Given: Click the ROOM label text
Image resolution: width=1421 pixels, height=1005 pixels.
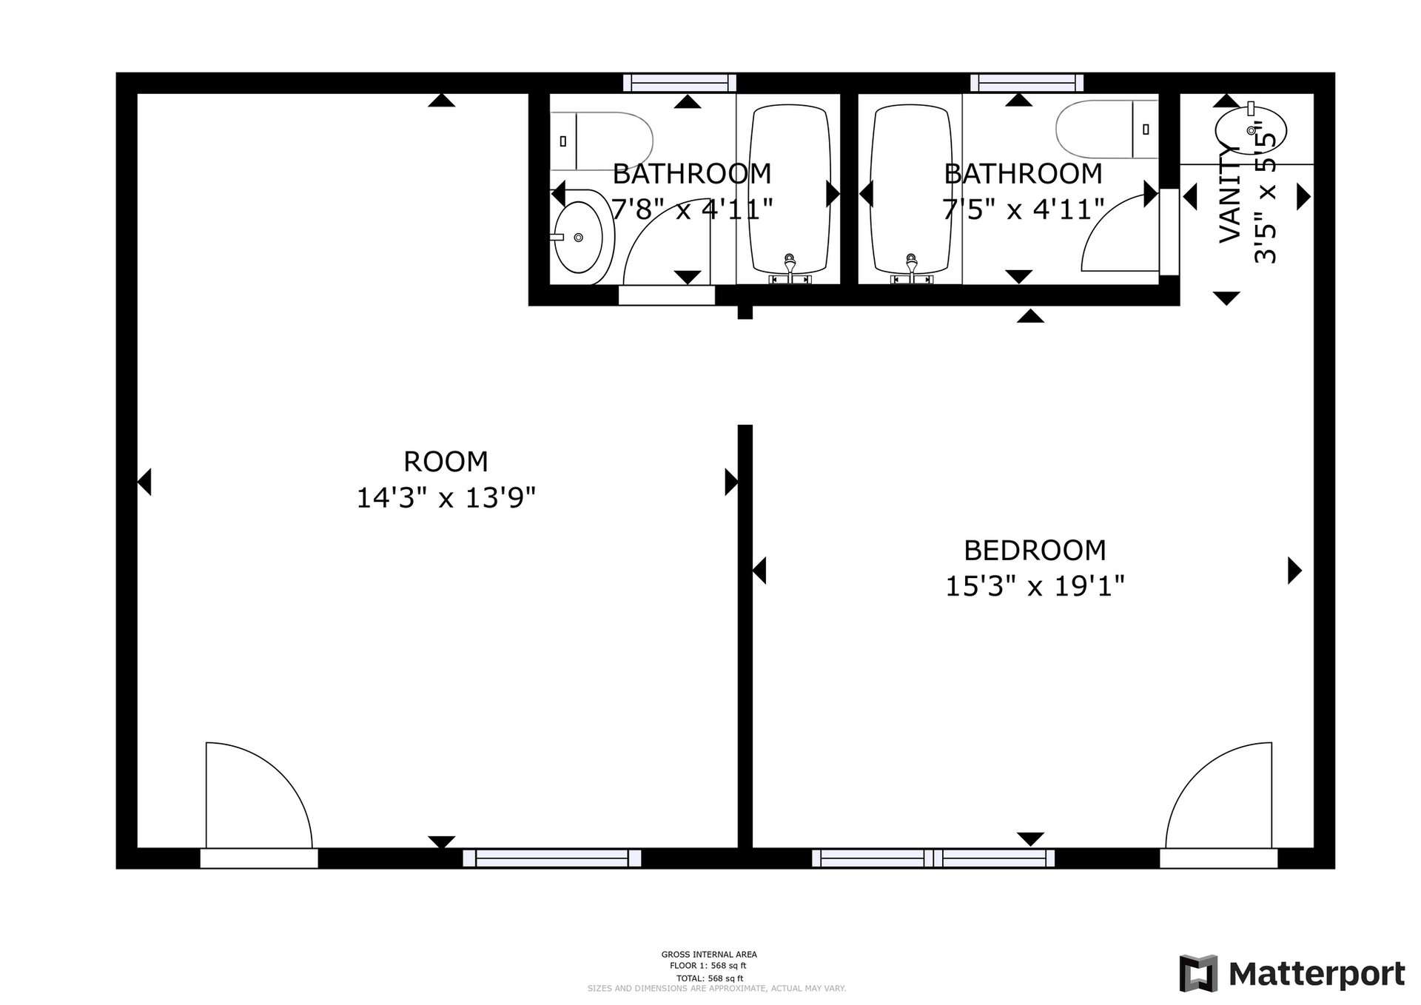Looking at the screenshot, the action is [x=446, y=462].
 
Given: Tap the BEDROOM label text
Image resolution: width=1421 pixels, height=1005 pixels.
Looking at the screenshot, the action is [x=1035, y=551].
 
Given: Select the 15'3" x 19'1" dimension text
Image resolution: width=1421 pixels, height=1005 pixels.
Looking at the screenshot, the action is [x=1035, y=586].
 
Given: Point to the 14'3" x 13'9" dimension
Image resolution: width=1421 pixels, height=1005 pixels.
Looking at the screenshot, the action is [x=446, y=497].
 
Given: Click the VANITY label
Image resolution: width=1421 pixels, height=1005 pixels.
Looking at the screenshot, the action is [x=1229, y=194].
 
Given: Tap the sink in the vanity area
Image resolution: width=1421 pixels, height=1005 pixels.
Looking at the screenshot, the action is [x=1251, y=130].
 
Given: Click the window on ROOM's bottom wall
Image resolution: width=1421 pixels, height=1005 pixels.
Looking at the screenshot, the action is [x=552, y=858].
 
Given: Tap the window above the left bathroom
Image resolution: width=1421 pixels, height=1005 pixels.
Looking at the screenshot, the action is [x=679, y=83].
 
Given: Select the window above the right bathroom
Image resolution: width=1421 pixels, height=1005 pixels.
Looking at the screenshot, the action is [x=1027, y=83].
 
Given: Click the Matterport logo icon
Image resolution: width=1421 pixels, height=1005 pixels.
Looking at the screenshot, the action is [x=1198, y=974].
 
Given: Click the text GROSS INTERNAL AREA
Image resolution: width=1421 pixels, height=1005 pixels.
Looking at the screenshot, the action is [x=709, y=955].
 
